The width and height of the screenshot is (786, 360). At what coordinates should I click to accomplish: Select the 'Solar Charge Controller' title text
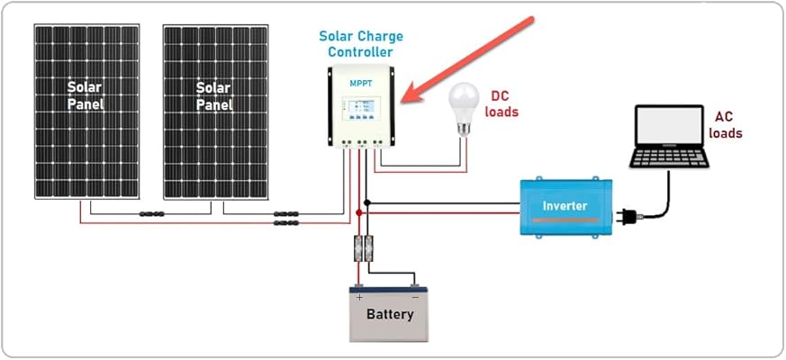point(361,44)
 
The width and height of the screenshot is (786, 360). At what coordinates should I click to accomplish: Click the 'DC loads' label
point(502,103)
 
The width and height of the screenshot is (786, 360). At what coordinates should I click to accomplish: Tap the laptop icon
point(669,137)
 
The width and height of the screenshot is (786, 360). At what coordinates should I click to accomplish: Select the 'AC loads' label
point(726,125)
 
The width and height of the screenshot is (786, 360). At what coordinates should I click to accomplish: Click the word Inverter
point(565,206)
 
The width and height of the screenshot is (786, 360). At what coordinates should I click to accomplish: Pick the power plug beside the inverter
point(626,216)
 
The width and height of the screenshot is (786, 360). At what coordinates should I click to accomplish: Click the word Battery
point(390,314)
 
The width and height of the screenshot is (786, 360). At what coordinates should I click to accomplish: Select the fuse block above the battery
point(364,248)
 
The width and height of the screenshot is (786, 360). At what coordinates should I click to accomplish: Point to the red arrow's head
point(407,97)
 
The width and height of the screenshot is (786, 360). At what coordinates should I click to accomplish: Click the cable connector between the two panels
point(150,214)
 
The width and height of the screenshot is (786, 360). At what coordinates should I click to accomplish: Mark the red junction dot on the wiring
point(359,213)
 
